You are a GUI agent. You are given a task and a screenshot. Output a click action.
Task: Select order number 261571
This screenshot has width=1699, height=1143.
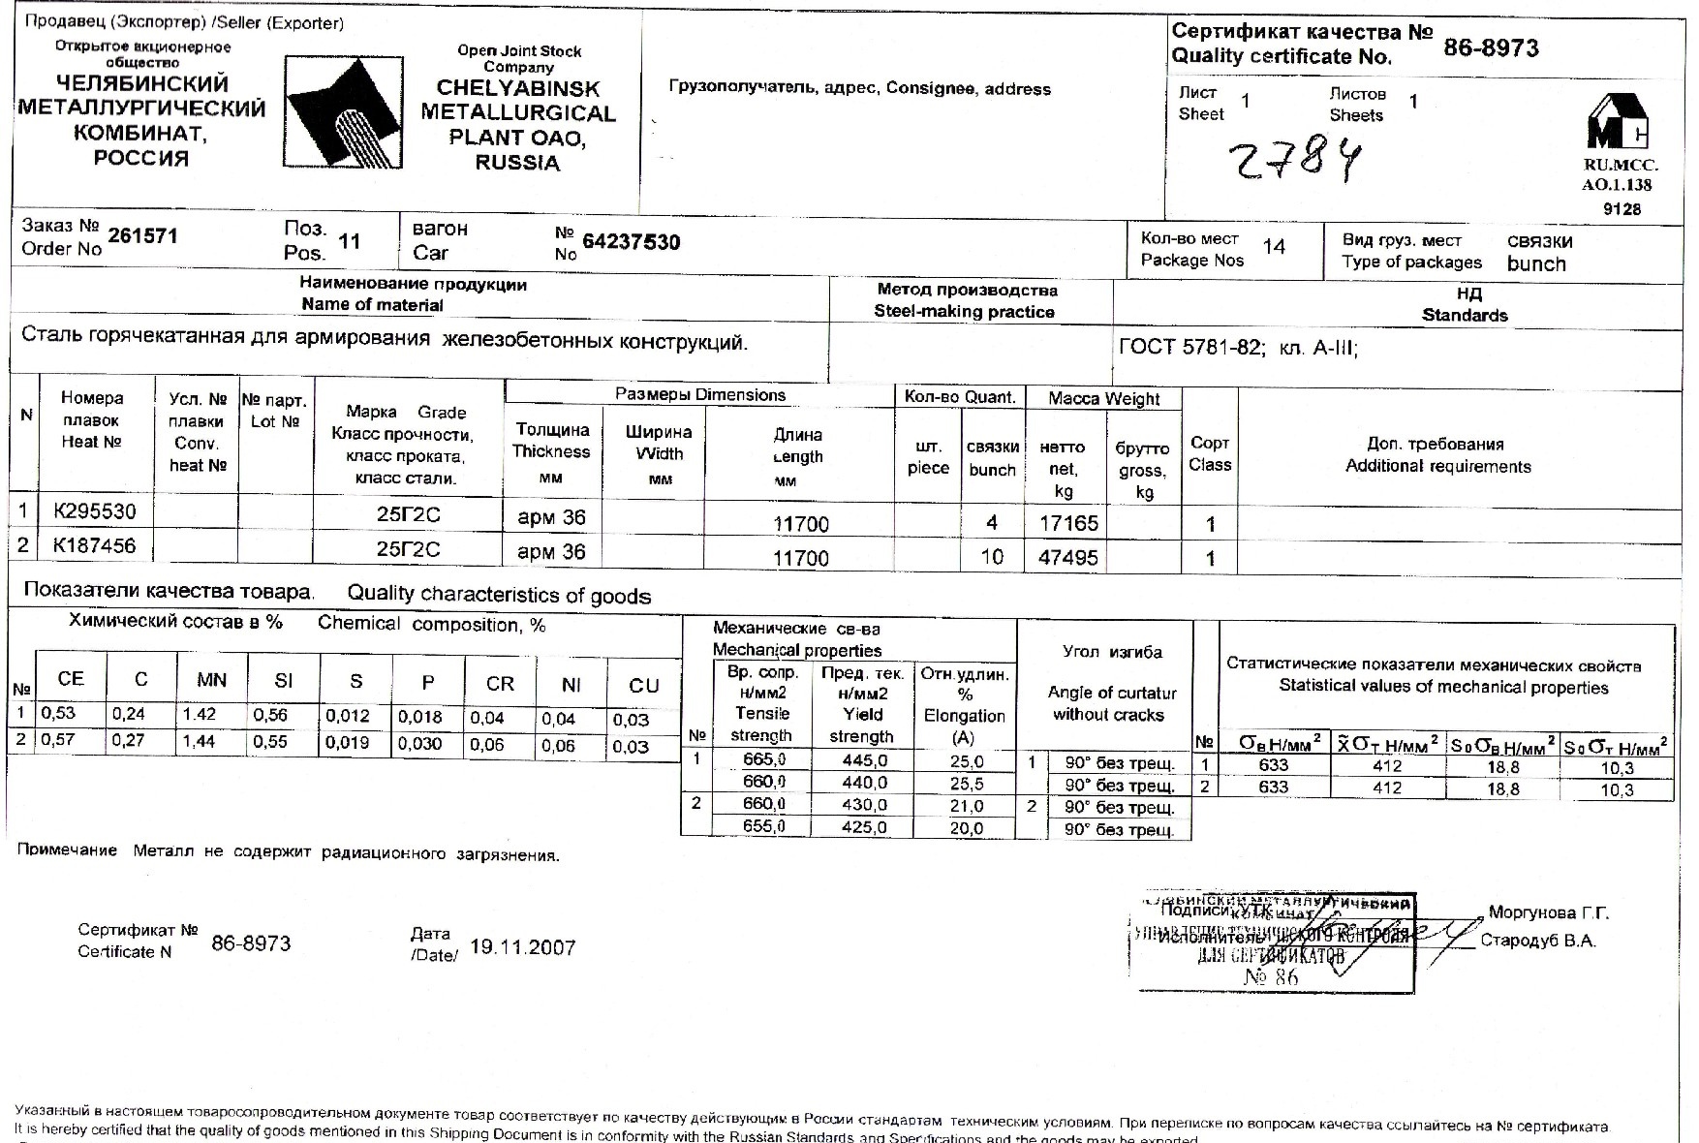point(142,236)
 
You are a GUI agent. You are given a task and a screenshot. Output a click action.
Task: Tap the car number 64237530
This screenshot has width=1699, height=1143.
point(631,242)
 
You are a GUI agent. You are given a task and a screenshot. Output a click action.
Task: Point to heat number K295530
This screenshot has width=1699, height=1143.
point(94,510)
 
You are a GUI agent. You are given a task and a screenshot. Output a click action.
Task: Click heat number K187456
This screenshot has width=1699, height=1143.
point(94,545)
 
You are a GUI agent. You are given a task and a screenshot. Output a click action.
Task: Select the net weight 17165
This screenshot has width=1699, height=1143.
point(1067,523)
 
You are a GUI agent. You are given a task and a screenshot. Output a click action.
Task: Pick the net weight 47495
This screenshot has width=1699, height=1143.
point(1067,557)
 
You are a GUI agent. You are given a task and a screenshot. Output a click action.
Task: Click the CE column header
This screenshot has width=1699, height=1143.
point(71,679)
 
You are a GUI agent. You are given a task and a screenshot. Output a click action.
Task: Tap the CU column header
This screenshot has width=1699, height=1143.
point(643,686)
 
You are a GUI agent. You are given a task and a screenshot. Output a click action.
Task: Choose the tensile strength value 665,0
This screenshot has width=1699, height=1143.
point(764,759)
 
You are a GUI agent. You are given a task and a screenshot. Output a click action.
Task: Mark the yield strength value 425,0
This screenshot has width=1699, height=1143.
point(864,828)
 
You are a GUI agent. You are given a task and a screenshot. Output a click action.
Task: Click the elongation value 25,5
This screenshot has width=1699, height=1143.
point(967,784)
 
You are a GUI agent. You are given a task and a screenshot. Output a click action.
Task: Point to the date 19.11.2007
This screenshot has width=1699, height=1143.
point(522,947)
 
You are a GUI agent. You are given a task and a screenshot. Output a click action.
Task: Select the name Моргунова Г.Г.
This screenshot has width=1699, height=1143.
point(1548,913)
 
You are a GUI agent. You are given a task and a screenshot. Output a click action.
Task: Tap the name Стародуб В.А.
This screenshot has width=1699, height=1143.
point(1537,941)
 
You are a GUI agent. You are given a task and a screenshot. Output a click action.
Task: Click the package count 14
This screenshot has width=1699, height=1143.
point(1274,247)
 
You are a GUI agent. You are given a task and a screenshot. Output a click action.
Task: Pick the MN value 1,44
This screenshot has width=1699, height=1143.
point(200,741)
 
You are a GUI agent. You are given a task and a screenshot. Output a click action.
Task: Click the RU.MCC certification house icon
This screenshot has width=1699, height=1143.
point(1617,121)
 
